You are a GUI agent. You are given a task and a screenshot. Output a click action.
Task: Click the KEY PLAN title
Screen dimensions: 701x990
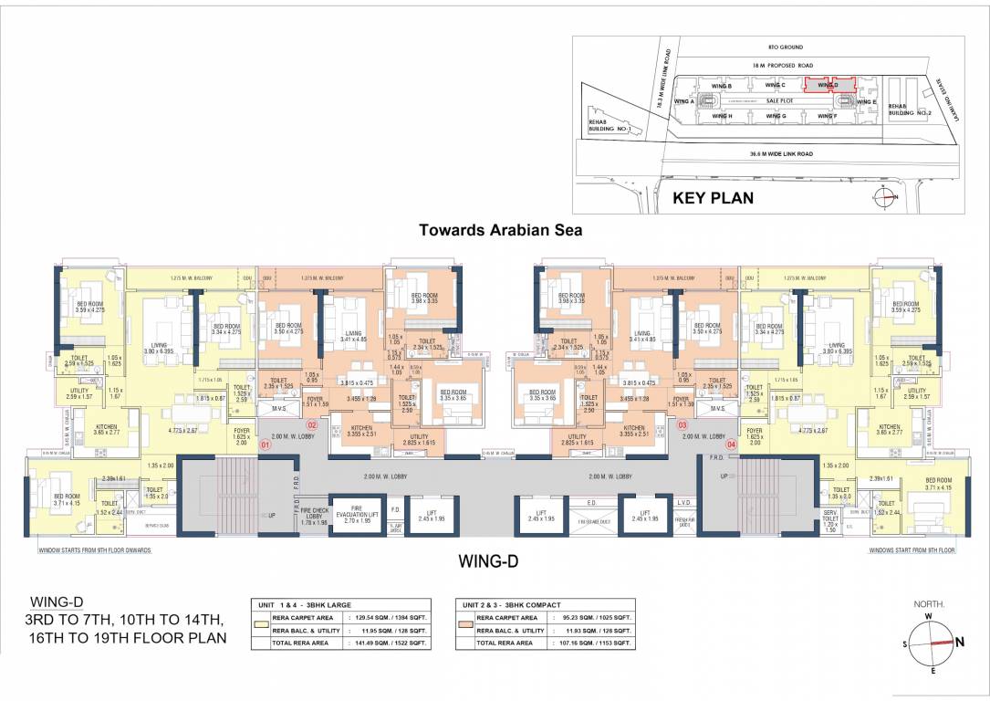pos(713,197)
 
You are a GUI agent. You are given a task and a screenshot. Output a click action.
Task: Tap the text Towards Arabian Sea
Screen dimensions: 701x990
pos(500,231)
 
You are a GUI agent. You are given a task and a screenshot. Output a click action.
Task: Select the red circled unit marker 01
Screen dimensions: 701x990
pos(266,445)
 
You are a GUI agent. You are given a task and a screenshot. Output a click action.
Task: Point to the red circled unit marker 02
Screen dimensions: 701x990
pos(311,425)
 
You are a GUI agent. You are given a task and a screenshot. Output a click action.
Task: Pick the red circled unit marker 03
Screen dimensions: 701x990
pos(682,425)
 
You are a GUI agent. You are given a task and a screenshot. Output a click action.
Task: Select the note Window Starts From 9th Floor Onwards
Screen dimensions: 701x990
pos(94,551)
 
